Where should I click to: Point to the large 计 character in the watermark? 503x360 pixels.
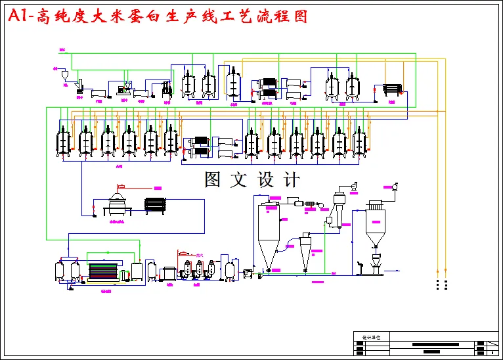coord(290,180)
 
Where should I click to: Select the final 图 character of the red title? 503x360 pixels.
coord(299,16)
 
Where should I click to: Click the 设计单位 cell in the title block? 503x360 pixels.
coord(371,337)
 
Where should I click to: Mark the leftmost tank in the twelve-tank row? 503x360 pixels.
coord(64,141)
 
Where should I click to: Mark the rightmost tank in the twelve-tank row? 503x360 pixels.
coord(359,142)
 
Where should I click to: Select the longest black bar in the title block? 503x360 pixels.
coord(435,344)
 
